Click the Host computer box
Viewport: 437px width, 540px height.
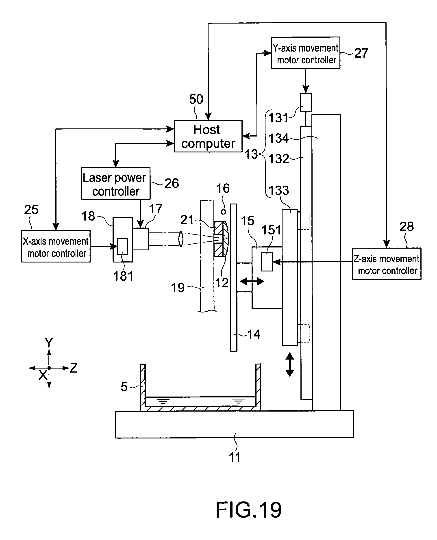(208, 136)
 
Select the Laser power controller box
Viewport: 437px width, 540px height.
(115, 183)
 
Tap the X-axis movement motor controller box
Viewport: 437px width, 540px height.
(56, 246)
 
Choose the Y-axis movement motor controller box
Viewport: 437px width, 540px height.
(306, 53)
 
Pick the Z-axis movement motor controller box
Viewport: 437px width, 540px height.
(386, 264)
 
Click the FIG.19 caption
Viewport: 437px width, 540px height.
(248, 510)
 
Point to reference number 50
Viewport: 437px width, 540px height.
(196, 99)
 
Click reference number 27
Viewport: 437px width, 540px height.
(361, 53)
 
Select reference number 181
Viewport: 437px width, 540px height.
(123, 276)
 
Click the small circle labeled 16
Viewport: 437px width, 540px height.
(223, 212)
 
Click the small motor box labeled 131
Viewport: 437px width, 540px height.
(306, 103)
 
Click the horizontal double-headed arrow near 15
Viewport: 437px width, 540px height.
(252, 281)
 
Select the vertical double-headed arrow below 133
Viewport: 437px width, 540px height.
(290, 365)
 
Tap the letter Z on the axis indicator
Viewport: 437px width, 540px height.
(74, 368)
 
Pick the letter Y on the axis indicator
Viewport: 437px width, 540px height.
(49, 343)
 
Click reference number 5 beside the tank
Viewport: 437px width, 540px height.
(124, 386)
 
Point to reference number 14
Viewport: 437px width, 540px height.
(254, 334)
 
